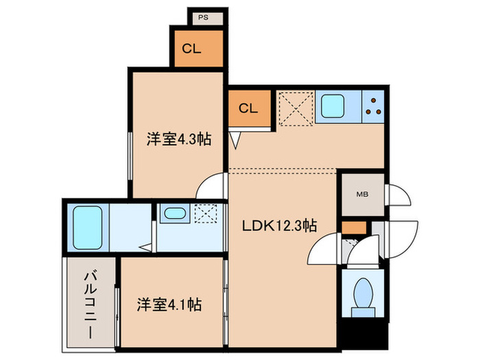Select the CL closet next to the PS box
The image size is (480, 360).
[197, 48]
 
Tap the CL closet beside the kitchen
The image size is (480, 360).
[248, 108]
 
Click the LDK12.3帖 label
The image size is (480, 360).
[278, 225]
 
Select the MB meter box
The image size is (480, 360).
[361, 195]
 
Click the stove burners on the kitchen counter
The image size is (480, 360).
[374, 107]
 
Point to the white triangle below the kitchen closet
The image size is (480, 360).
[236, 141]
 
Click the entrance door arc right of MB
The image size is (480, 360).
[399, 195]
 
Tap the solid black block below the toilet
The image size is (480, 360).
[362, 336]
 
